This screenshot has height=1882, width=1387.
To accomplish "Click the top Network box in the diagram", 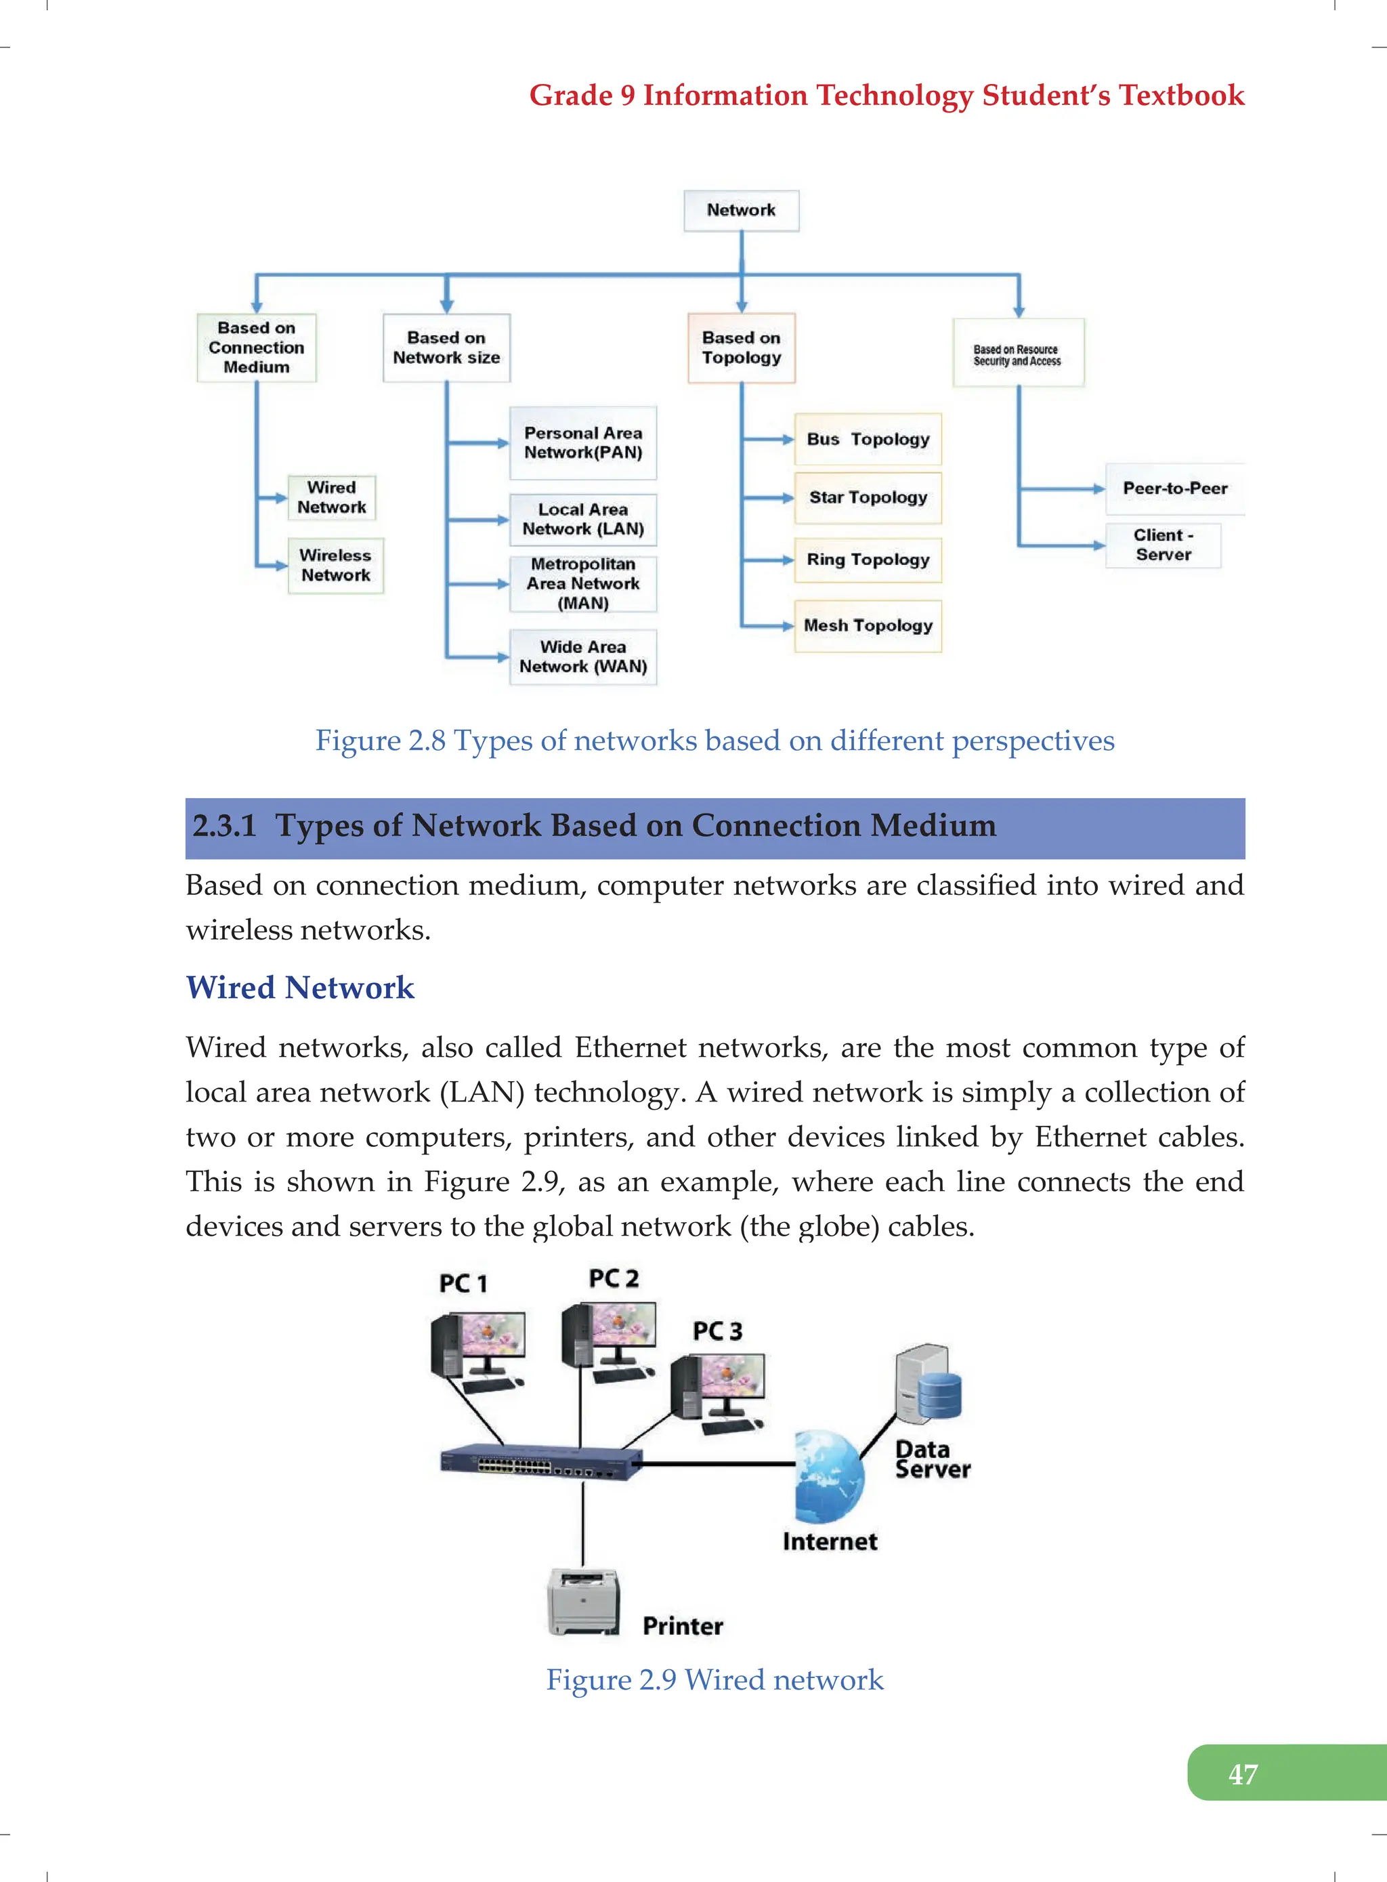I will click(740, 211).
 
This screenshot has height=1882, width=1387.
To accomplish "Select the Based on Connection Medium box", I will click(256, 348).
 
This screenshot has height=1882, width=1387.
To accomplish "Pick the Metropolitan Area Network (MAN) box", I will click(582, 584).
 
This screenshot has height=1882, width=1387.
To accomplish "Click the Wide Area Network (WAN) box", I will click(582, 656).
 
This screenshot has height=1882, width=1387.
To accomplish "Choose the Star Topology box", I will click(868, 498).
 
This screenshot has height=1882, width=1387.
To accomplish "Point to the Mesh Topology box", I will click(868, 626).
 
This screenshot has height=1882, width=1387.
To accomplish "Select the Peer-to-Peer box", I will click(1174, 488).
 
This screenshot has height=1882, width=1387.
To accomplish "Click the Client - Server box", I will click(1162, 545).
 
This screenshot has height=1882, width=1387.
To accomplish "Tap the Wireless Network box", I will click(335, 565).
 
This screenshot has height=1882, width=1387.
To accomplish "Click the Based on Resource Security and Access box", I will click(1018, 354).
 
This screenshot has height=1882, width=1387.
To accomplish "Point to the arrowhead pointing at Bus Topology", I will click(788, 439).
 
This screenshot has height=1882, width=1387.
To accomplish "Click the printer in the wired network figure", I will click(584, 1602).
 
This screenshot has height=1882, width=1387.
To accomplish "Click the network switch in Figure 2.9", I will click(540, 1462).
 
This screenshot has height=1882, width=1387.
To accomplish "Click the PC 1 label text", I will click(463, 1283).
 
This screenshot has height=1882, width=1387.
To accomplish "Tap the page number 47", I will click(1243, 1774).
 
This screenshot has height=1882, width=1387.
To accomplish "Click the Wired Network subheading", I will click(300, 988).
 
